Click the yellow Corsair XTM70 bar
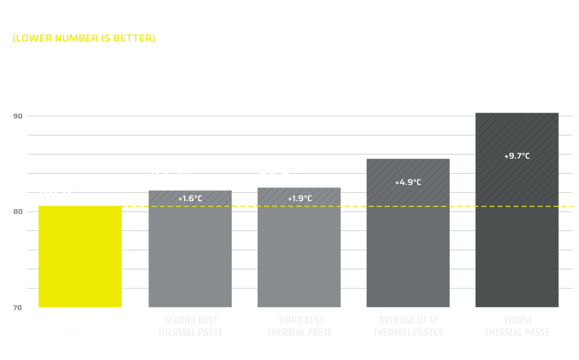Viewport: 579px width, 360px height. click(81, 256)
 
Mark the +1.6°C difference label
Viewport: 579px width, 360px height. click(190, 198)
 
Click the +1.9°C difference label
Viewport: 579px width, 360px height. click(299, 198)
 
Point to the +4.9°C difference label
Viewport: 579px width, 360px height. click(409, 182)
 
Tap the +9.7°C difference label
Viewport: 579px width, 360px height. click(517, 156)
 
